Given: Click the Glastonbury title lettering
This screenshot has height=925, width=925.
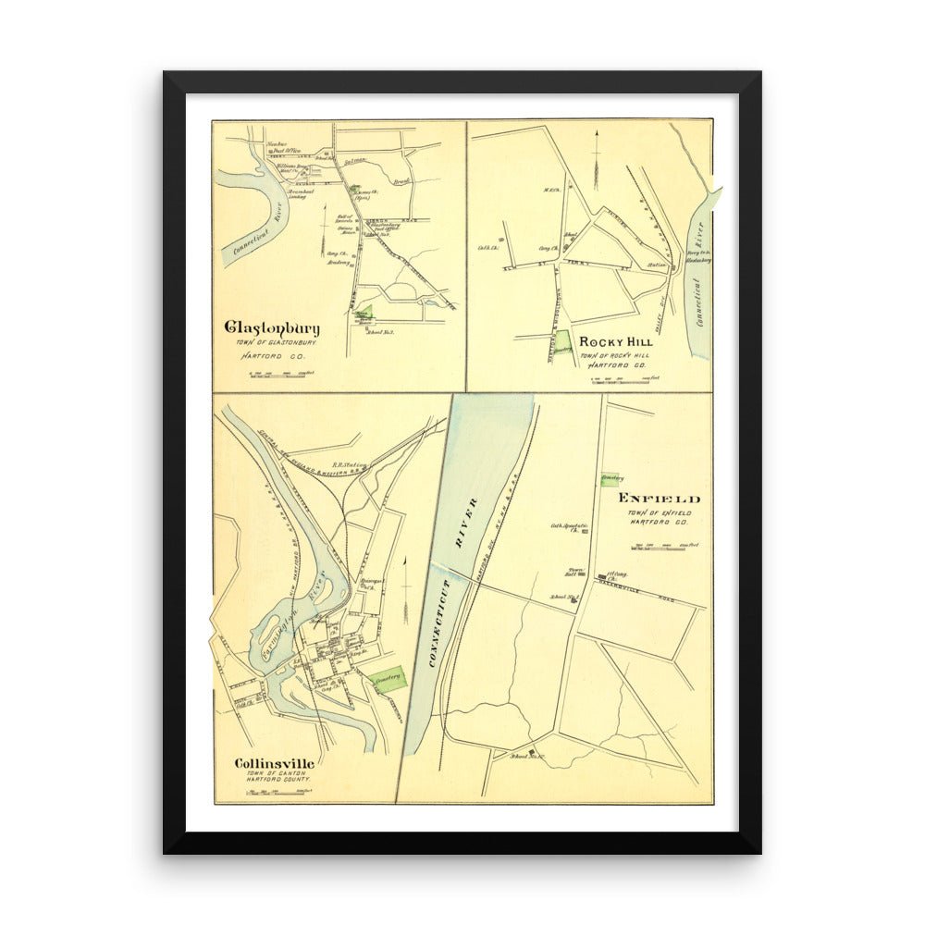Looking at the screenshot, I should [272, 327].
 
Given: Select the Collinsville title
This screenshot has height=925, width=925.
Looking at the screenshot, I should [274, 763].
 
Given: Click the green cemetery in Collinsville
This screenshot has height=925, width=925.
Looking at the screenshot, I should [388, 680].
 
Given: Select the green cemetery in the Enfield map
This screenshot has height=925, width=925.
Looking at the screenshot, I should [610, 478].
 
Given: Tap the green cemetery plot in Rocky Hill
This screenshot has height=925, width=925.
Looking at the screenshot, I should [562, 343].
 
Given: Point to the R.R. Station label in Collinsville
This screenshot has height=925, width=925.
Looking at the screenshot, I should [350, 465].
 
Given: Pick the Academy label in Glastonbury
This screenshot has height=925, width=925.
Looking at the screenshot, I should [338, 263].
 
